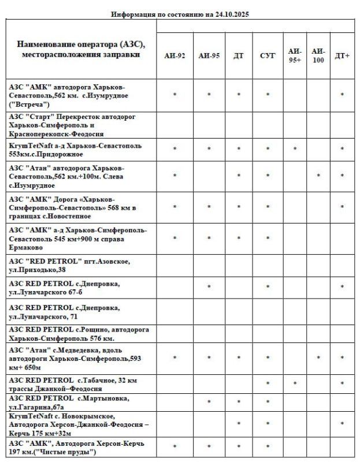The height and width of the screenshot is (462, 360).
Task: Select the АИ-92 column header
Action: [175, 56]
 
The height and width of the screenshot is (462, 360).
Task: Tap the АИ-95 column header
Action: [209, 56]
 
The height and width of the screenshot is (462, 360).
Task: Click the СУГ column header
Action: [268, 56]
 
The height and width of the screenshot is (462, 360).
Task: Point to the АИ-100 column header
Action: [318, 55]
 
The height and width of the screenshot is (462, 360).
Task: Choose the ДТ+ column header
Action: [342, 56]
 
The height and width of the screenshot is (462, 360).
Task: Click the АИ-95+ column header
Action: [295, 55]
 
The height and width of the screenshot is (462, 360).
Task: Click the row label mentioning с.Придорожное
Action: [75, 150]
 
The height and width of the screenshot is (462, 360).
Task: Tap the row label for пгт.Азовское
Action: [69, 265]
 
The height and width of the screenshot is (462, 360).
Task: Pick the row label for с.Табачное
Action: [72, 384]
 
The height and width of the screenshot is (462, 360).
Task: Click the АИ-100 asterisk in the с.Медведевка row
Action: [318, 359]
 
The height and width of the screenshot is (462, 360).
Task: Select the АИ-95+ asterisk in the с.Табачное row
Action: [295, 384]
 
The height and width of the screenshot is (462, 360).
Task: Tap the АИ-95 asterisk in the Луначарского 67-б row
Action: [209, 287]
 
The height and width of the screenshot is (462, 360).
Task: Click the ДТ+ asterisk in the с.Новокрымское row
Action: [342, 424]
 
